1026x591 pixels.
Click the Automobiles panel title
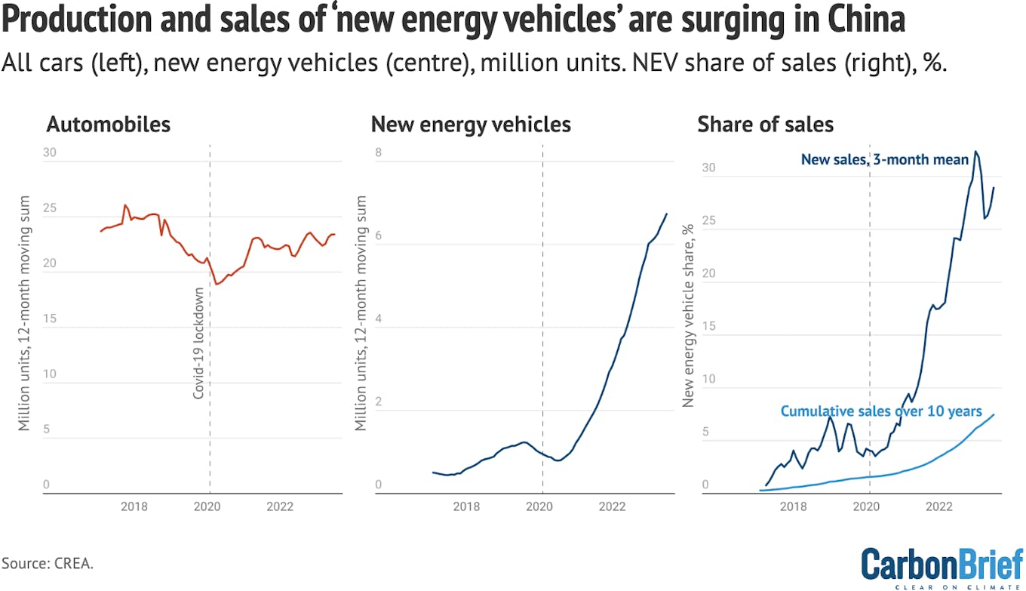point(109,125)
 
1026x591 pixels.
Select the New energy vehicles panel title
point(471,125)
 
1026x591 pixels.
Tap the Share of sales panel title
point(766,125)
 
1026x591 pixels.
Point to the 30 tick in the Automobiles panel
point(50,152)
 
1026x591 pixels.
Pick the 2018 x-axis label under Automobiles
point(135,506)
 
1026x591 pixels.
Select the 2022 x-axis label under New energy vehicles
point(612,506)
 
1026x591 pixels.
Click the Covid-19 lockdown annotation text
point(199,343)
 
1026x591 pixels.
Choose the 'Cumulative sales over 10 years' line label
point(881,411)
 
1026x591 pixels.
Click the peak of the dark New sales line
point(975,152)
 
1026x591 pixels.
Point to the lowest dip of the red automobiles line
point(217,285)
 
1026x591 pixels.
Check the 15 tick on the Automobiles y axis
point(50,319)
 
